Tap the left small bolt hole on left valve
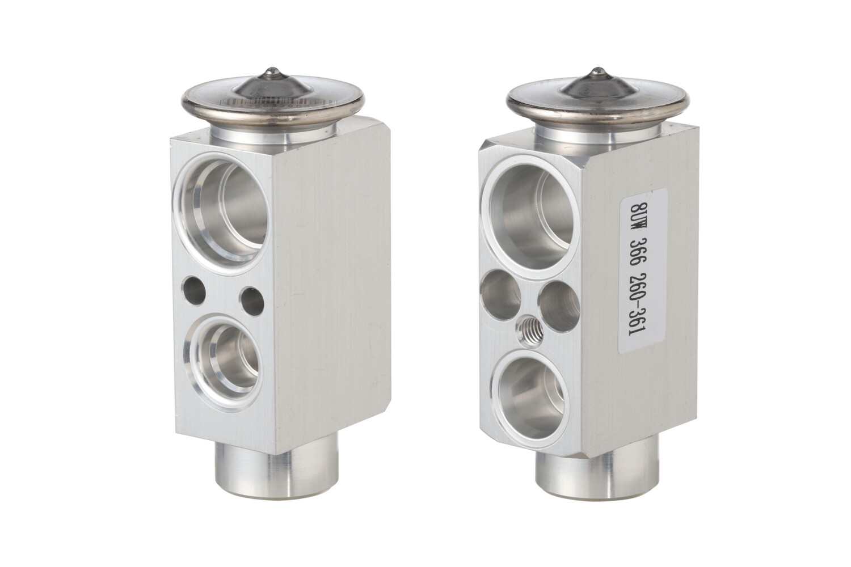click(x=194, y=290)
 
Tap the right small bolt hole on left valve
click(x=252, y=301)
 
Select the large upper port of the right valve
click(x=530, y=218)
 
